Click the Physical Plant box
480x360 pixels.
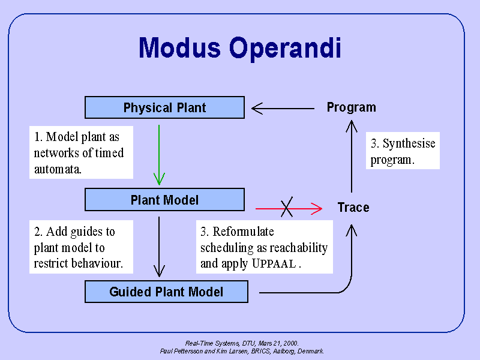(x=164, y=108)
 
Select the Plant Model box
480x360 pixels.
(x=164, y=200)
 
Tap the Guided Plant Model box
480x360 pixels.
(x=166, y=292)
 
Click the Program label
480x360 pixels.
(x=351, y=107)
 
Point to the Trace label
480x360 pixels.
(x=353, y=208)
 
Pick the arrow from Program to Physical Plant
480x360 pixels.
(x=283, y=109)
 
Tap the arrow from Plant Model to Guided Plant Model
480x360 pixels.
(x=159, y=246)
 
